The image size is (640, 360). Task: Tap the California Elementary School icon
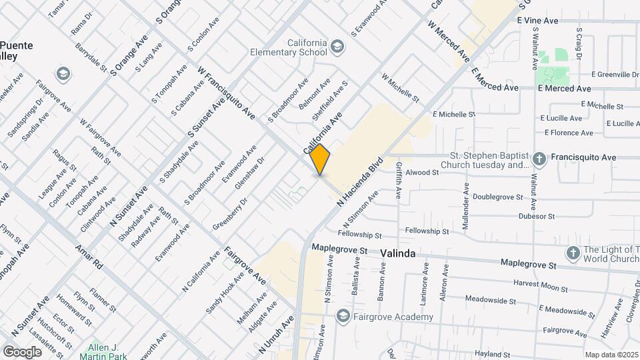click(x=338, y=46)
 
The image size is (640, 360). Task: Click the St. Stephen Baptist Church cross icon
click(x=540, y=159)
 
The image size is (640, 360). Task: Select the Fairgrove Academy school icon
click(x=343, y=316)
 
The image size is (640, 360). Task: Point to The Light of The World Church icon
click(x=572, y=253)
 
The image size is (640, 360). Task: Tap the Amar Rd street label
click(x=89, y=256)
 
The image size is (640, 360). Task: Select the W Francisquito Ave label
click(x=227, y=93)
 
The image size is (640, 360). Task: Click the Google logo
click(x=22, y=351)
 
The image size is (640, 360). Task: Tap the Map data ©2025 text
click(x=611, y=355)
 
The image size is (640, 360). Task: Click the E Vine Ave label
click(x=537, y=21)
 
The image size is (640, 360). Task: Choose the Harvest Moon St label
click(x=540, y=285)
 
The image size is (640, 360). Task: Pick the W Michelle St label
click(x=400, y=88)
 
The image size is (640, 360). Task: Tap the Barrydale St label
click(x=91, y=58)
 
